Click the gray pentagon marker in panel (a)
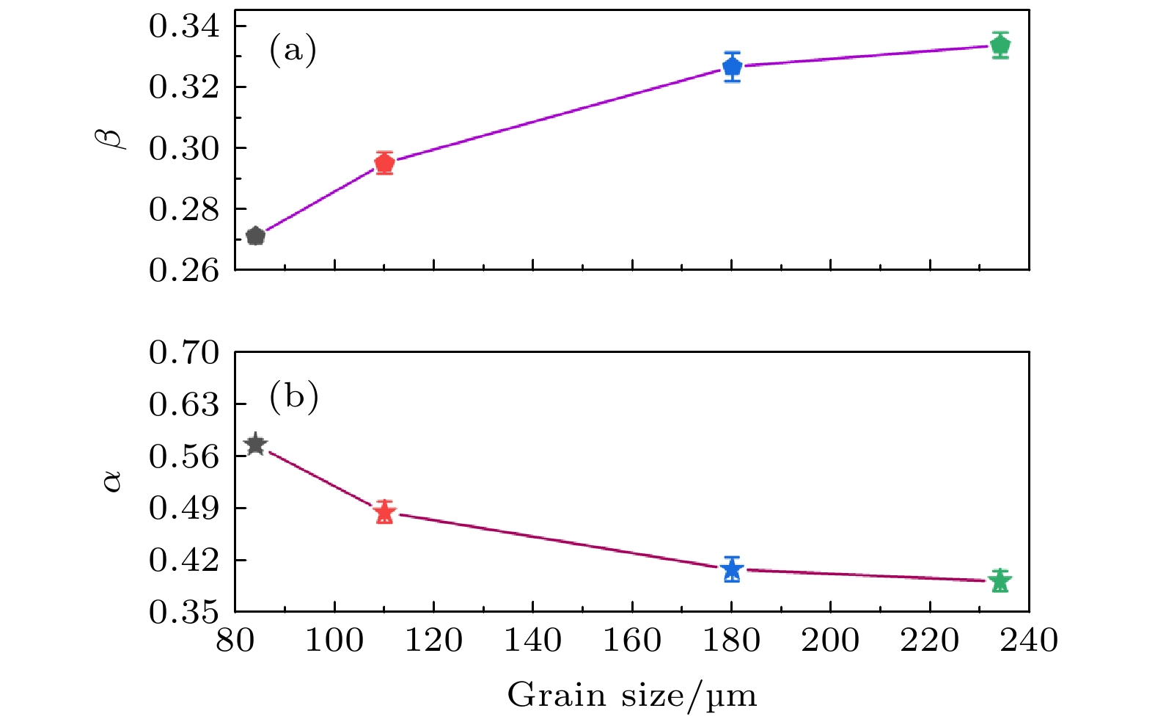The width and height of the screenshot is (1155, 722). tap(255, 236)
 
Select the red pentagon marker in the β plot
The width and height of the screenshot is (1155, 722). tap(384, 163)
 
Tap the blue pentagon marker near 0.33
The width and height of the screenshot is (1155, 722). tap(732, 67)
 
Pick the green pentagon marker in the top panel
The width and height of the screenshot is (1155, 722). tap(1000, 45)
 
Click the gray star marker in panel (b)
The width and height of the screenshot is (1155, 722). tap(255, 445)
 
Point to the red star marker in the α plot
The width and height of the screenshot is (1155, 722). tap(384, 512)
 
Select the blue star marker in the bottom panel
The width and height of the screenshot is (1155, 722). tap(732, 569)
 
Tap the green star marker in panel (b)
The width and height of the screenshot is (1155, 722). tap(1000, 581)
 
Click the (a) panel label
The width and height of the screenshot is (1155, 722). tap(293, 51)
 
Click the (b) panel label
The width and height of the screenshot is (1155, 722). tap(293, 397)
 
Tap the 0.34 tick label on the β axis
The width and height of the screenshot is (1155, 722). tap(184, 27)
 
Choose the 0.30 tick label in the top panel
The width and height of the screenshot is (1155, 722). tap(184, 149)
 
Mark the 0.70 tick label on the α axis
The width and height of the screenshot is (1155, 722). tap(184, 353)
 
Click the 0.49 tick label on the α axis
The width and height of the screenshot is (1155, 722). tap(184, 508)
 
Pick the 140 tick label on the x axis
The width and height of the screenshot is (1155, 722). tap(532, 641)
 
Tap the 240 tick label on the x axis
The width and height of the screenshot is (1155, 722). tap(1028, 641)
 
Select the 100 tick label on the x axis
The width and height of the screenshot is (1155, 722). tap(334, 641)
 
